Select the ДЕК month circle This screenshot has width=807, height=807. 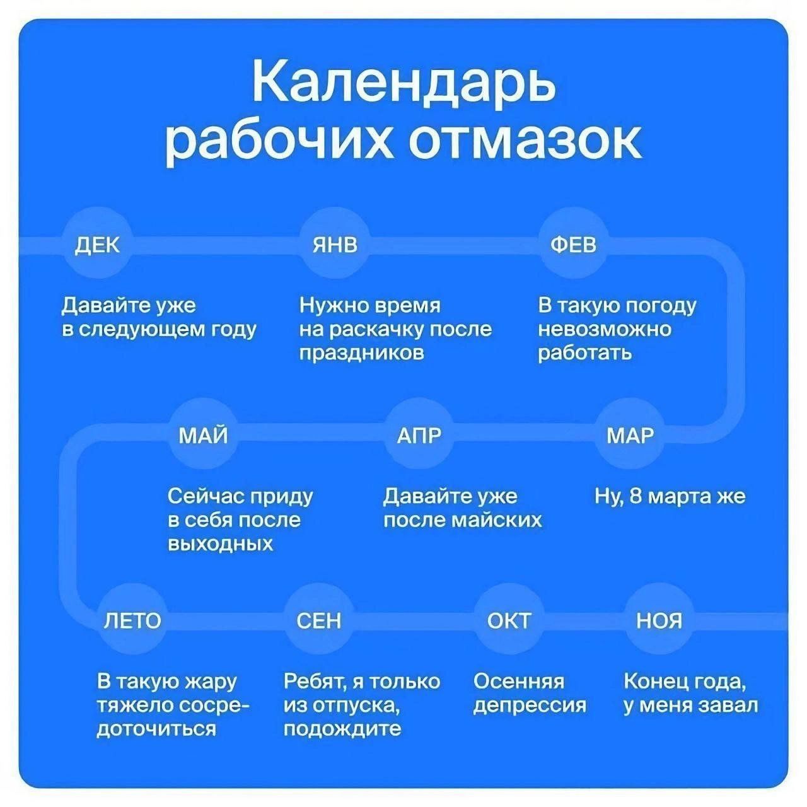coord(97,245)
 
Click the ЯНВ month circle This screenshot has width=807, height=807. coord(335,245)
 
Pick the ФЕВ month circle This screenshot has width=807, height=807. coord(573,245)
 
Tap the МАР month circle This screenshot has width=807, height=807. coord(630,436)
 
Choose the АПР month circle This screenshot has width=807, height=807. coord(419,436)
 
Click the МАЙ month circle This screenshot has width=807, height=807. coord(204,436)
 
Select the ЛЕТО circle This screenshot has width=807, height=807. coord(132,620)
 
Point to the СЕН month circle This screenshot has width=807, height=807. coord(319,620)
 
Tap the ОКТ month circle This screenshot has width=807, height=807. coord(509,620)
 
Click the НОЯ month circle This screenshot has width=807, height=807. coord(659,620)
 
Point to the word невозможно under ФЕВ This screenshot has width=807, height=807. coord(605,330)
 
